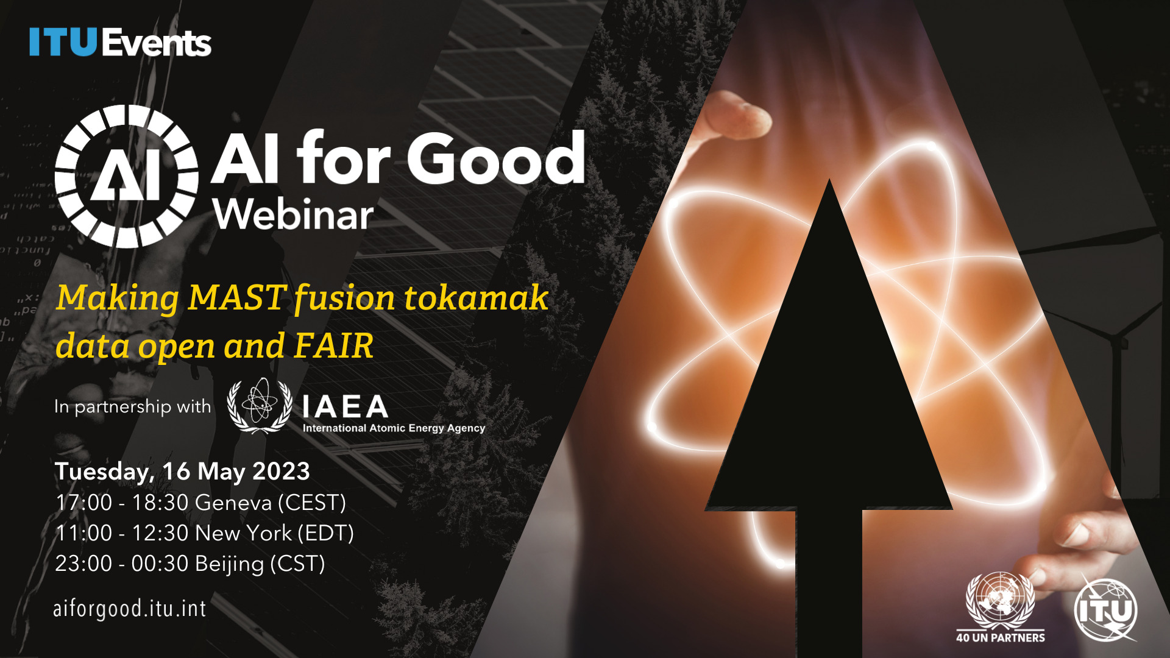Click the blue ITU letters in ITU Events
point(63,43)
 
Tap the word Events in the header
point(157,43)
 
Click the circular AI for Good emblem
point(126,177)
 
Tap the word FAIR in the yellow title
point(333,345)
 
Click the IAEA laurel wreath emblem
point(260,406)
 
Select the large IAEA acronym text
point(346,406)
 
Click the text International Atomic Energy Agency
point(394,428)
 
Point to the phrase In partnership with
point(133,406)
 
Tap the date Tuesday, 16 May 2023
point(182,472)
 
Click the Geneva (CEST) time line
point(200,503)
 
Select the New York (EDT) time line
point(205,533)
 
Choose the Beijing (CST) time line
point(190,564)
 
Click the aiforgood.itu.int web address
point(130,609)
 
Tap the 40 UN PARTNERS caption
point(1001,637)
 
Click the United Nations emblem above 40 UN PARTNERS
point(1001,600)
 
